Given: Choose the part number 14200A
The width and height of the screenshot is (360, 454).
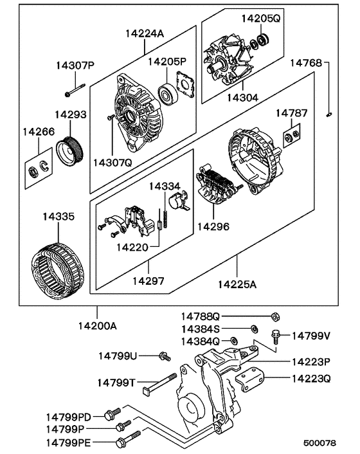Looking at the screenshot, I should [96, 326].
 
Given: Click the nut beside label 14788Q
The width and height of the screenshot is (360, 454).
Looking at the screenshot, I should [274, 316].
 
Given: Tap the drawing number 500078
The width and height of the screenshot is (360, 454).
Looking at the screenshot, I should [319, 443].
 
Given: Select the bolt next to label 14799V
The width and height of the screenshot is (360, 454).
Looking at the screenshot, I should [276, 334].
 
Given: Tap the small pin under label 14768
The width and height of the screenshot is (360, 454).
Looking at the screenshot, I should [328, 114].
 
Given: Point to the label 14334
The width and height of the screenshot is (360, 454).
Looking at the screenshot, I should [165, 186].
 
